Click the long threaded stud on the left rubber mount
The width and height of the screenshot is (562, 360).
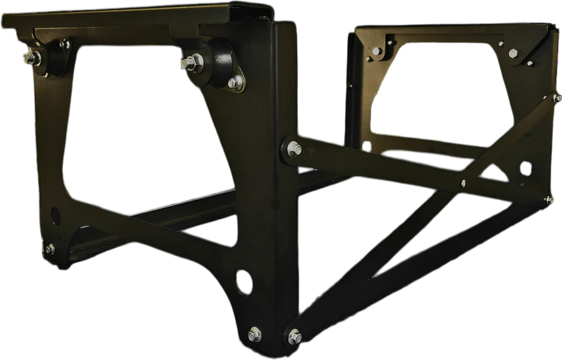click(30, 59)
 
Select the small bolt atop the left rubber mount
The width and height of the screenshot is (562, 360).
click(64, 44)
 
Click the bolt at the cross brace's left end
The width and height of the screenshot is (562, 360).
click(294, 148)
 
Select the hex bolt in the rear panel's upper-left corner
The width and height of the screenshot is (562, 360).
click(376, 51)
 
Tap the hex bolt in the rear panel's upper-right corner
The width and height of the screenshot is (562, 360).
click(513, 53)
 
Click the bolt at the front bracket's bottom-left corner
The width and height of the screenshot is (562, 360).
click(50, 249)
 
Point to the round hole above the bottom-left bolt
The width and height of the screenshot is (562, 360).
click(55, 216)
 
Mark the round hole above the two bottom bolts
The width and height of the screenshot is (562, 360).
click(244, 282)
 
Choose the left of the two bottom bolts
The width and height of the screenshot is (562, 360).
click(255, 334)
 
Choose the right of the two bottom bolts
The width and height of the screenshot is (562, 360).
click(294, 336)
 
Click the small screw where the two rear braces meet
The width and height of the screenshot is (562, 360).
click(463, 183)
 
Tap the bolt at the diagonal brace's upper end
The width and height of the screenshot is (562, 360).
click(557, 98)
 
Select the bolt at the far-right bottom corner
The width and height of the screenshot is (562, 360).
click(548, 199)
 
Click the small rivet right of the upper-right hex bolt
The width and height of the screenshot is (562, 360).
click(530, 63)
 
